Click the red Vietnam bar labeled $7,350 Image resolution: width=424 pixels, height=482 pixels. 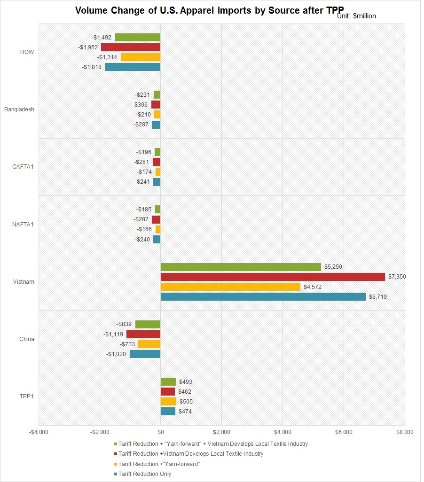273,277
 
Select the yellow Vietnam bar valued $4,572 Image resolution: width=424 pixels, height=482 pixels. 230,287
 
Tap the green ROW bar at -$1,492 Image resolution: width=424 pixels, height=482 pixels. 138,37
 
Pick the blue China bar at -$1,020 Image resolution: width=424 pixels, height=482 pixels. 145,354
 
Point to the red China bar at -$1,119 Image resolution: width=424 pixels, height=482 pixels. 143,334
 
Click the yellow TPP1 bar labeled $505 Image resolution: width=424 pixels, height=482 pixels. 168,402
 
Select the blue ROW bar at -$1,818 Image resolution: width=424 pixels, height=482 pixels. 133,67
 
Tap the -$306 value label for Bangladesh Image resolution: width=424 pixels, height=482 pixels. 141,105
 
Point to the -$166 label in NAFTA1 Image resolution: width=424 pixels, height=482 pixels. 144,229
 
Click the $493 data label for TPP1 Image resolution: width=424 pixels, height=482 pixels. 185,382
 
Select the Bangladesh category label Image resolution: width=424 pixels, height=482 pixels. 19,109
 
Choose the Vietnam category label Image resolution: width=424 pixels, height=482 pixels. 24,282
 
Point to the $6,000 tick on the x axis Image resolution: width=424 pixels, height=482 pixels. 344,432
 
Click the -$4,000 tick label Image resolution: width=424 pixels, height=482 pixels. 38,432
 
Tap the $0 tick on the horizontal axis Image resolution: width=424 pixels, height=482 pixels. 160,432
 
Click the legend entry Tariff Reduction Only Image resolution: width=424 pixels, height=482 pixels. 145,474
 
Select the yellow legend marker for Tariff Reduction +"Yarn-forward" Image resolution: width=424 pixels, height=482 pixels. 116,464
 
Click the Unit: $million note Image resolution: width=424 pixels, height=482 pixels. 357,16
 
